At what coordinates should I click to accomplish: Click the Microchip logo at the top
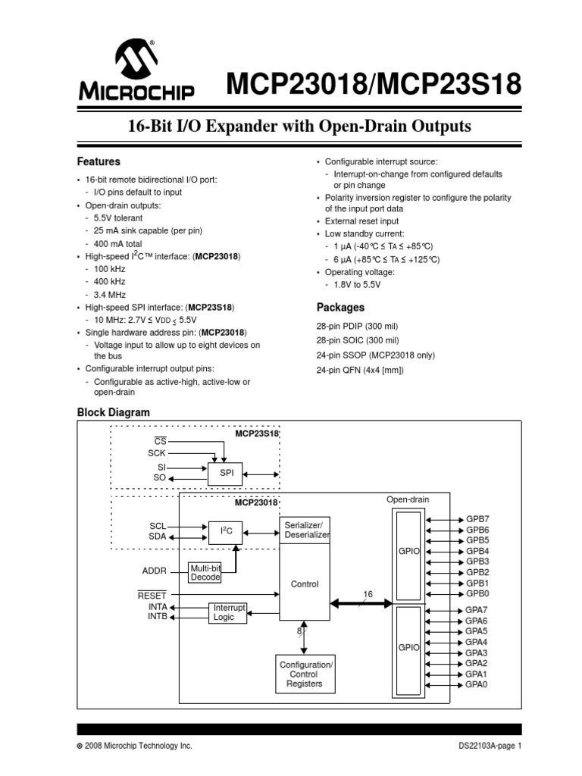136,71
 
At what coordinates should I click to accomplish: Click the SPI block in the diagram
226,473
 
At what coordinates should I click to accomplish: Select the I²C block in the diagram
226,532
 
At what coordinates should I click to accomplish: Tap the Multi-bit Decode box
205,572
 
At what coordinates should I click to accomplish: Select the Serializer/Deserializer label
306,530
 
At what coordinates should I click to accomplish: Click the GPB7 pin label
477,519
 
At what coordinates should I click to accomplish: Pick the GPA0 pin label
477,684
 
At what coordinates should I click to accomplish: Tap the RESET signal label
152,596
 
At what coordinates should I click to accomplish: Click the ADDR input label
154,571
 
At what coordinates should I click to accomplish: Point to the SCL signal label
157,526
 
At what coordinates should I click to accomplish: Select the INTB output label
158,617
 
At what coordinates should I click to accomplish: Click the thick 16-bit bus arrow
361,604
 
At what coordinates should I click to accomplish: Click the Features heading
99,161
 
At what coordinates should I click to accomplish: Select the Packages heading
340,308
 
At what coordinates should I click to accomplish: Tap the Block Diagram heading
114,412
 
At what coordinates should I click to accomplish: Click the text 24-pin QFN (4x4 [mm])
360,370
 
